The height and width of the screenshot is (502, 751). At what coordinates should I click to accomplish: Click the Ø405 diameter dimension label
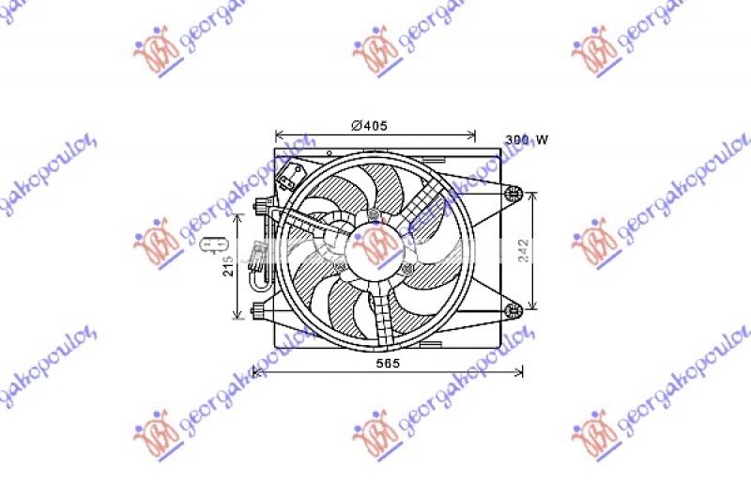(369, 125)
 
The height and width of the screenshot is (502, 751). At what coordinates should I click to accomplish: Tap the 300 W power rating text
(527, 140)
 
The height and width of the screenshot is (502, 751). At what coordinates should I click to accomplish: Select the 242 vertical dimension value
(524, 250)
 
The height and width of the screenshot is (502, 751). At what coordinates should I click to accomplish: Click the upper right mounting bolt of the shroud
(513, 194)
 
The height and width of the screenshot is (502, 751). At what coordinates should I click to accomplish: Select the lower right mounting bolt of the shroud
(513, 310)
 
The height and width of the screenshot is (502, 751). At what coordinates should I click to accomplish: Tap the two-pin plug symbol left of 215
(207, 245)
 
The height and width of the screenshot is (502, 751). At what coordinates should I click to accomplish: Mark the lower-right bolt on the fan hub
(406, 270)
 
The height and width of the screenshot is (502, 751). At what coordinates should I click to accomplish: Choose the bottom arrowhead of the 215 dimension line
(238, 314)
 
